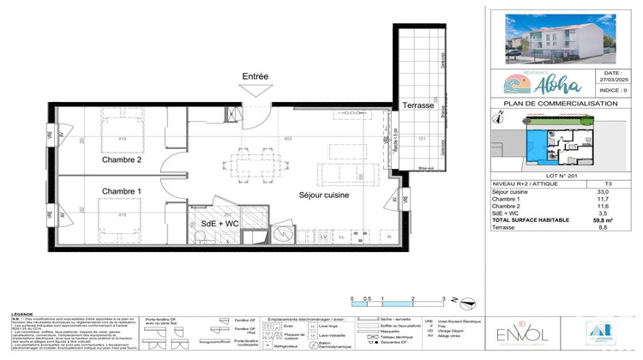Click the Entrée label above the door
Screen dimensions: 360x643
[x=255, y=77]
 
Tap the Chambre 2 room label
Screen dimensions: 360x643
[x=122, y=159]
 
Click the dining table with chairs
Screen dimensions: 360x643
[x=254, y=160]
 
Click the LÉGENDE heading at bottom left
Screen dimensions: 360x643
[x=21, y=315]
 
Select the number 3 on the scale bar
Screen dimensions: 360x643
[x=443, y=297]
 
